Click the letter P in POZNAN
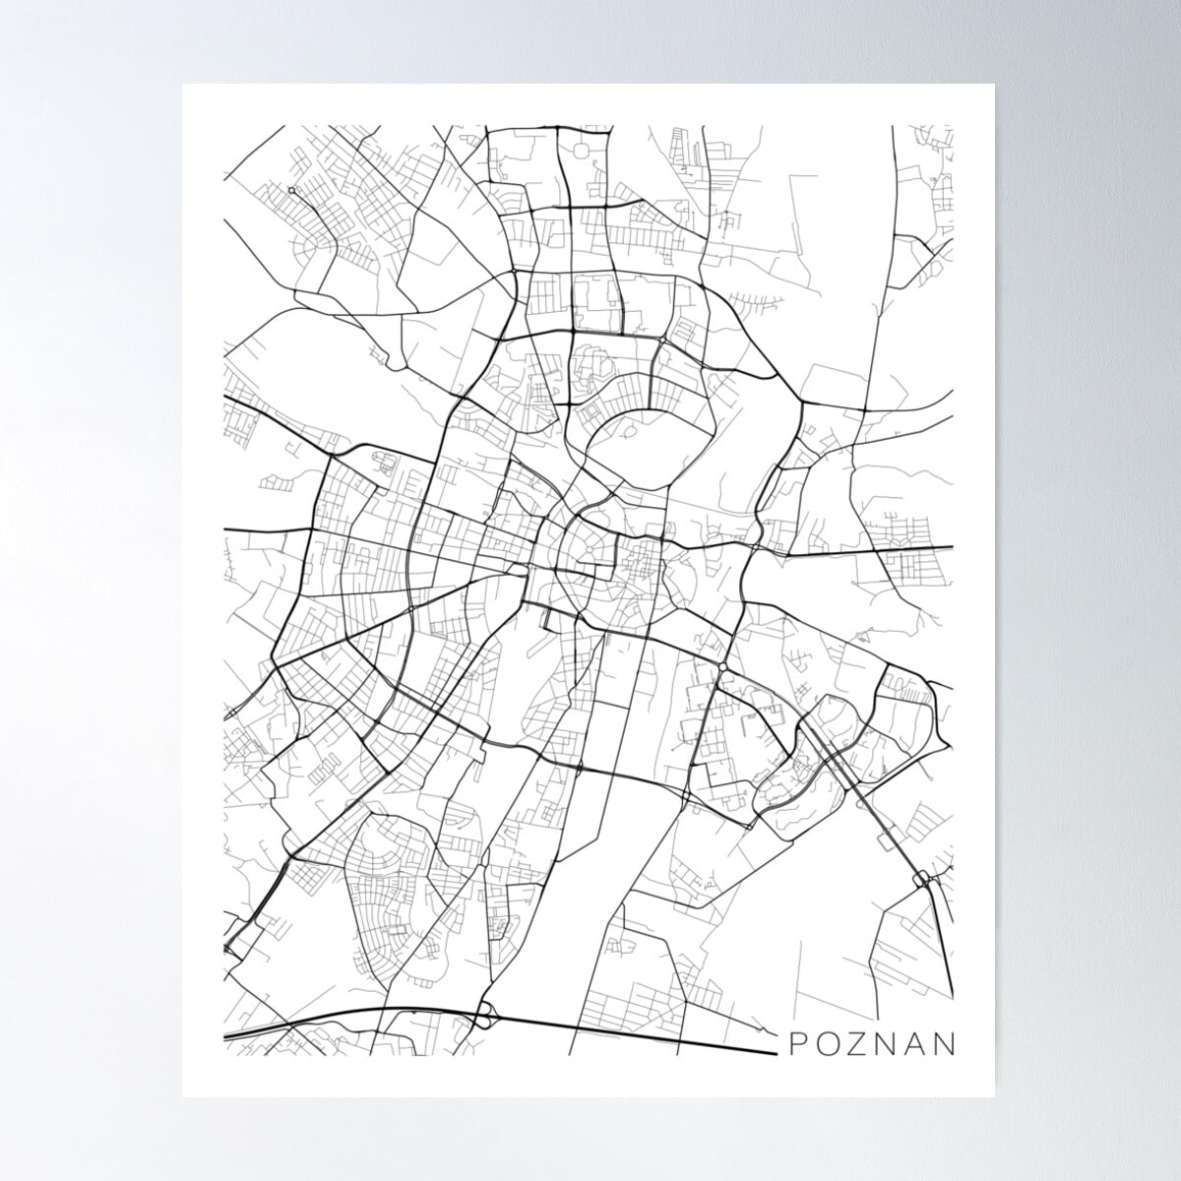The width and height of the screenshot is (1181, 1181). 798,1042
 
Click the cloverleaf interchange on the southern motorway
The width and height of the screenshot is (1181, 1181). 483,1015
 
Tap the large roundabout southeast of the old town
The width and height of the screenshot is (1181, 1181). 722,667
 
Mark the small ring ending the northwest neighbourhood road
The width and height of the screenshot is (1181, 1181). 292,190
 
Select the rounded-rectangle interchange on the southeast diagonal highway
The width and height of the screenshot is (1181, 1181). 923,879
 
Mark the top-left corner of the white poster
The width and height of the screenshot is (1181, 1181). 183,86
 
